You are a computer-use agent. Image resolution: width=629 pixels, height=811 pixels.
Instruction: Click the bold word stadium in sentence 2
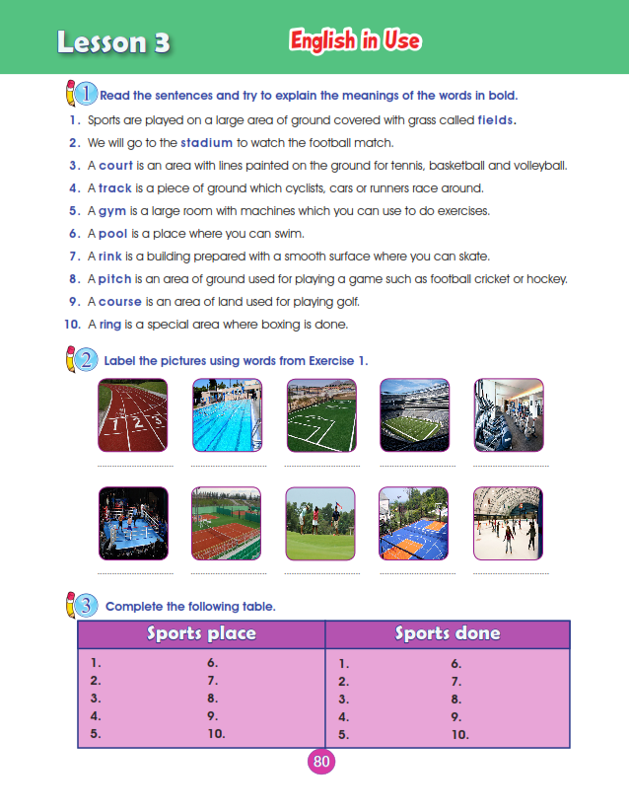207,142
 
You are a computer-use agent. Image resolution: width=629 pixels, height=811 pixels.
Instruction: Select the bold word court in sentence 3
115,165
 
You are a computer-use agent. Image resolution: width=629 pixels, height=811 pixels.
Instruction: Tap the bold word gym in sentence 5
110,211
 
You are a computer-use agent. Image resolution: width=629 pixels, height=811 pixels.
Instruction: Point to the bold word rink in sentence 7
110,257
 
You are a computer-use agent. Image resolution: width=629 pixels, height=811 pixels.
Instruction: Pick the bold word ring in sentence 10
110,325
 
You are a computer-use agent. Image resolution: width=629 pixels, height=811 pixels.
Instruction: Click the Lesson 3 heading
113,42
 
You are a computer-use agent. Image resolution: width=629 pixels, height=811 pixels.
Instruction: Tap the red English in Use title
356,40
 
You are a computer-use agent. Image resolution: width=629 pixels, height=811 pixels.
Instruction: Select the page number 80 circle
320,761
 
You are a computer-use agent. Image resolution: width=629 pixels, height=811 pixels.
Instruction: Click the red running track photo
133,415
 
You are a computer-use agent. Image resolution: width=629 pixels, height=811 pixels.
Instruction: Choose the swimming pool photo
226,415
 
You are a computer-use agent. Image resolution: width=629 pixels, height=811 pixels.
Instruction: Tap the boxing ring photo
133,524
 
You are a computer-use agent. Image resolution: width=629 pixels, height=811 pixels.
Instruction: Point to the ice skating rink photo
508,524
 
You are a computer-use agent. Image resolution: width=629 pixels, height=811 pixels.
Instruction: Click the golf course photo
320,524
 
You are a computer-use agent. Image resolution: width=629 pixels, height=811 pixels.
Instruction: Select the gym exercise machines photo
508,415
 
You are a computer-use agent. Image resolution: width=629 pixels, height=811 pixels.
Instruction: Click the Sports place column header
201,633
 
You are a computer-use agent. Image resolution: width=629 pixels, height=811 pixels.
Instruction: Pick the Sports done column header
448,633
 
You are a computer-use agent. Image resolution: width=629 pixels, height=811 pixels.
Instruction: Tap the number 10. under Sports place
216,733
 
